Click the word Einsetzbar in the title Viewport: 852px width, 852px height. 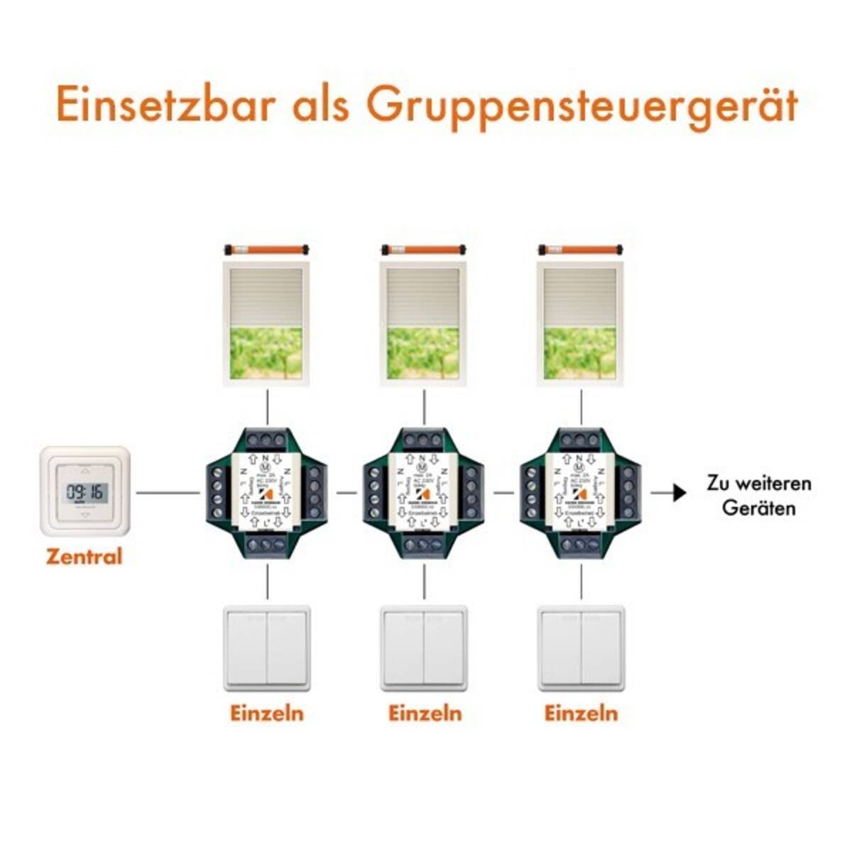(x=165, y=104)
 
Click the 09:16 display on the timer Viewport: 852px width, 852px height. (x=84, y=491)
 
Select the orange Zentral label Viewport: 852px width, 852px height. (x=84, y=556)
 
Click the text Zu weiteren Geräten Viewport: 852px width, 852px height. (x=758, y=496)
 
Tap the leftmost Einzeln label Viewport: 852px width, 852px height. (x=267, y=713)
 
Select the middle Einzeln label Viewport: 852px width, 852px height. (x=425, y=713)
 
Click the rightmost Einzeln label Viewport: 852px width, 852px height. (x=581, y=713)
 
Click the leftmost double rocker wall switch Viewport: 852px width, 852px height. (x=267, y=648)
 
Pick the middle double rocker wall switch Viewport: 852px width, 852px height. (x=425, y=648)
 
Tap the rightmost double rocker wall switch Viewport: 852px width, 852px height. (x=581, y=648)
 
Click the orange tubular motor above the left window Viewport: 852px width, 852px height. (x=267, y=249)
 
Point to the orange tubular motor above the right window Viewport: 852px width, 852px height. (x=581, y=249)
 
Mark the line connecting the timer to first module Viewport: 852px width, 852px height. (x=168, y=492)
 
